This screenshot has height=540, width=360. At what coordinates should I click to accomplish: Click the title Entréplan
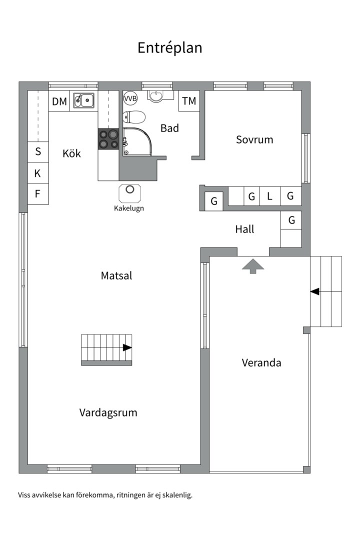point(169,47)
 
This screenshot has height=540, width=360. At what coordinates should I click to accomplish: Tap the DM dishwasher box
point(59,101)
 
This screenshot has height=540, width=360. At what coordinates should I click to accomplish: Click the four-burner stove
point(108,139)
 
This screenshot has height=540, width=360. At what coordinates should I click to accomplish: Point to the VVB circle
point(130,98)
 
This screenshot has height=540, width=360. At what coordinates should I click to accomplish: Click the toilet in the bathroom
point(134,117)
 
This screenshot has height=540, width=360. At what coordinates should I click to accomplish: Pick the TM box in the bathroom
point(189,101)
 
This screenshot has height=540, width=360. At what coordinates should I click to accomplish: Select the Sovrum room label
point(254,139)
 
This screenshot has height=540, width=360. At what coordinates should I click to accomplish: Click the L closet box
point(269,196)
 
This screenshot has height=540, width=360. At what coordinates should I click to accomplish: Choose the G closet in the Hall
point(291,220)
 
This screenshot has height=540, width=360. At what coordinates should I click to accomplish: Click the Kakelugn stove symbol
point(130,192)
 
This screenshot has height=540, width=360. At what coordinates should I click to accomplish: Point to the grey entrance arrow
point(253,265)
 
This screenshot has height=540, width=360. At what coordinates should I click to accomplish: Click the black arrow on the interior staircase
point(127,347)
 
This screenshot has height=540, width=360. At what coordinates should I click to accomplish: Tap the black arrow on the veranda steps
point(315,291)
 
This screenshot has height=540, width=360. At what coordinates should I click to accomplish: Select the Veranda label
point(261,362)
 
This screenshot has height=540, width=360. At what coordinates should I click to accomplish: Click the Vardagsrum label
point(108,412)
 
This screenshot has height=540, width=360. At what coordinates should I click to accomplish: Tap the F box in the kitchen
point(38,194)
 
